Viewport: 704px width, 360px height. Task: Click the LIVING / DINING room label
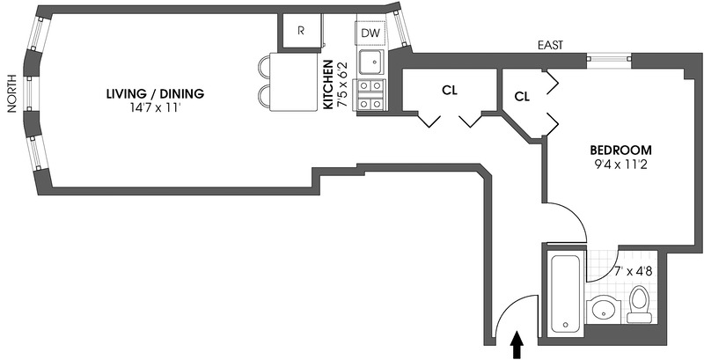pyautogui.click(x=154, y=94)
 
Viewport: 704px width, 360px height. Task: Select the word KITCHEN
pyautogui.click(x=328, y=84)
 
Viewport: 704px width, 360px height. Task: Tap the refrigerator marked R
pyautogui.click(x=301, y=31)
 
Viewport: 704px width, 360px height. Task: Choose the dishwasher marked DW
pyautogui.click(x=370, y=33)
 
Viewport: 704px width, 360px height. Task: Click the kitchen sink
pyautogui.click(x=369, y=62)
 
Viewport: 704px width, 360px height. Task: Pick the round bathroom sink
pyautogui.click(x=603, y=311)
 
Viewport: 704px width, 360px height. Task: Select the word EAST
pyautogui.click(x=551, y=46)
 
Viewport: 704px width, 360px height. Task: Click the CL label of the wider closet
pyautogui.click(x=448, y=89)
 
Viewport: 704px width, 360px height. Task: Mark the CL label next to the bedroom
pyautogui.click(x=521, y=95)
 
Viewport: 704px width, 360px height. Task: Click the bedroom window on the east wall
pyautogui.click(x=609, y=59)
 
